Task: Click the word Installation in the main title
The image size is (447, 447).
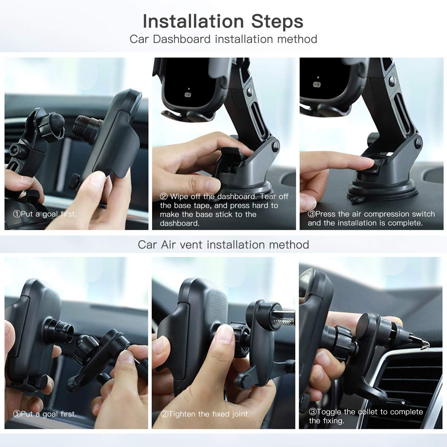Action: pos(193,21)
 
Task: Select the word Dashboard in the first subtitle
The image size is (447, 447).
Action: pos(182,39)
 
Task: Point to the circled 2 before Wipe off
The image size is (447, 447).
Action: pos(164,196)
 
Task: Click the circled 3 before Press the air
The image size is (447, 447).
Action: pos(311,214)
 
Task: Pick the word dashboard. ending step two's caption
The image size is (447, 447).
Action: pos(180,223)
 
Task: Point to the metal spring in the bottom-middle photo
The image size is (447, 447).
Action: pos(284,322)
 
